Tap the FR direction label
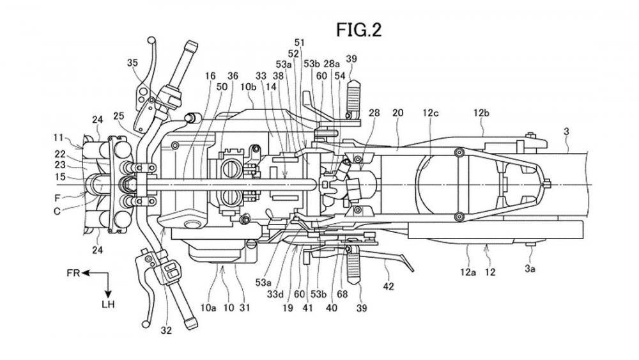tap(74, 274)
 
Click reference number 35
tap(132, 62)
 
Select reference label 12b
tap(481, 113)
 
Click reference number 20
tap(397, 113)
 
